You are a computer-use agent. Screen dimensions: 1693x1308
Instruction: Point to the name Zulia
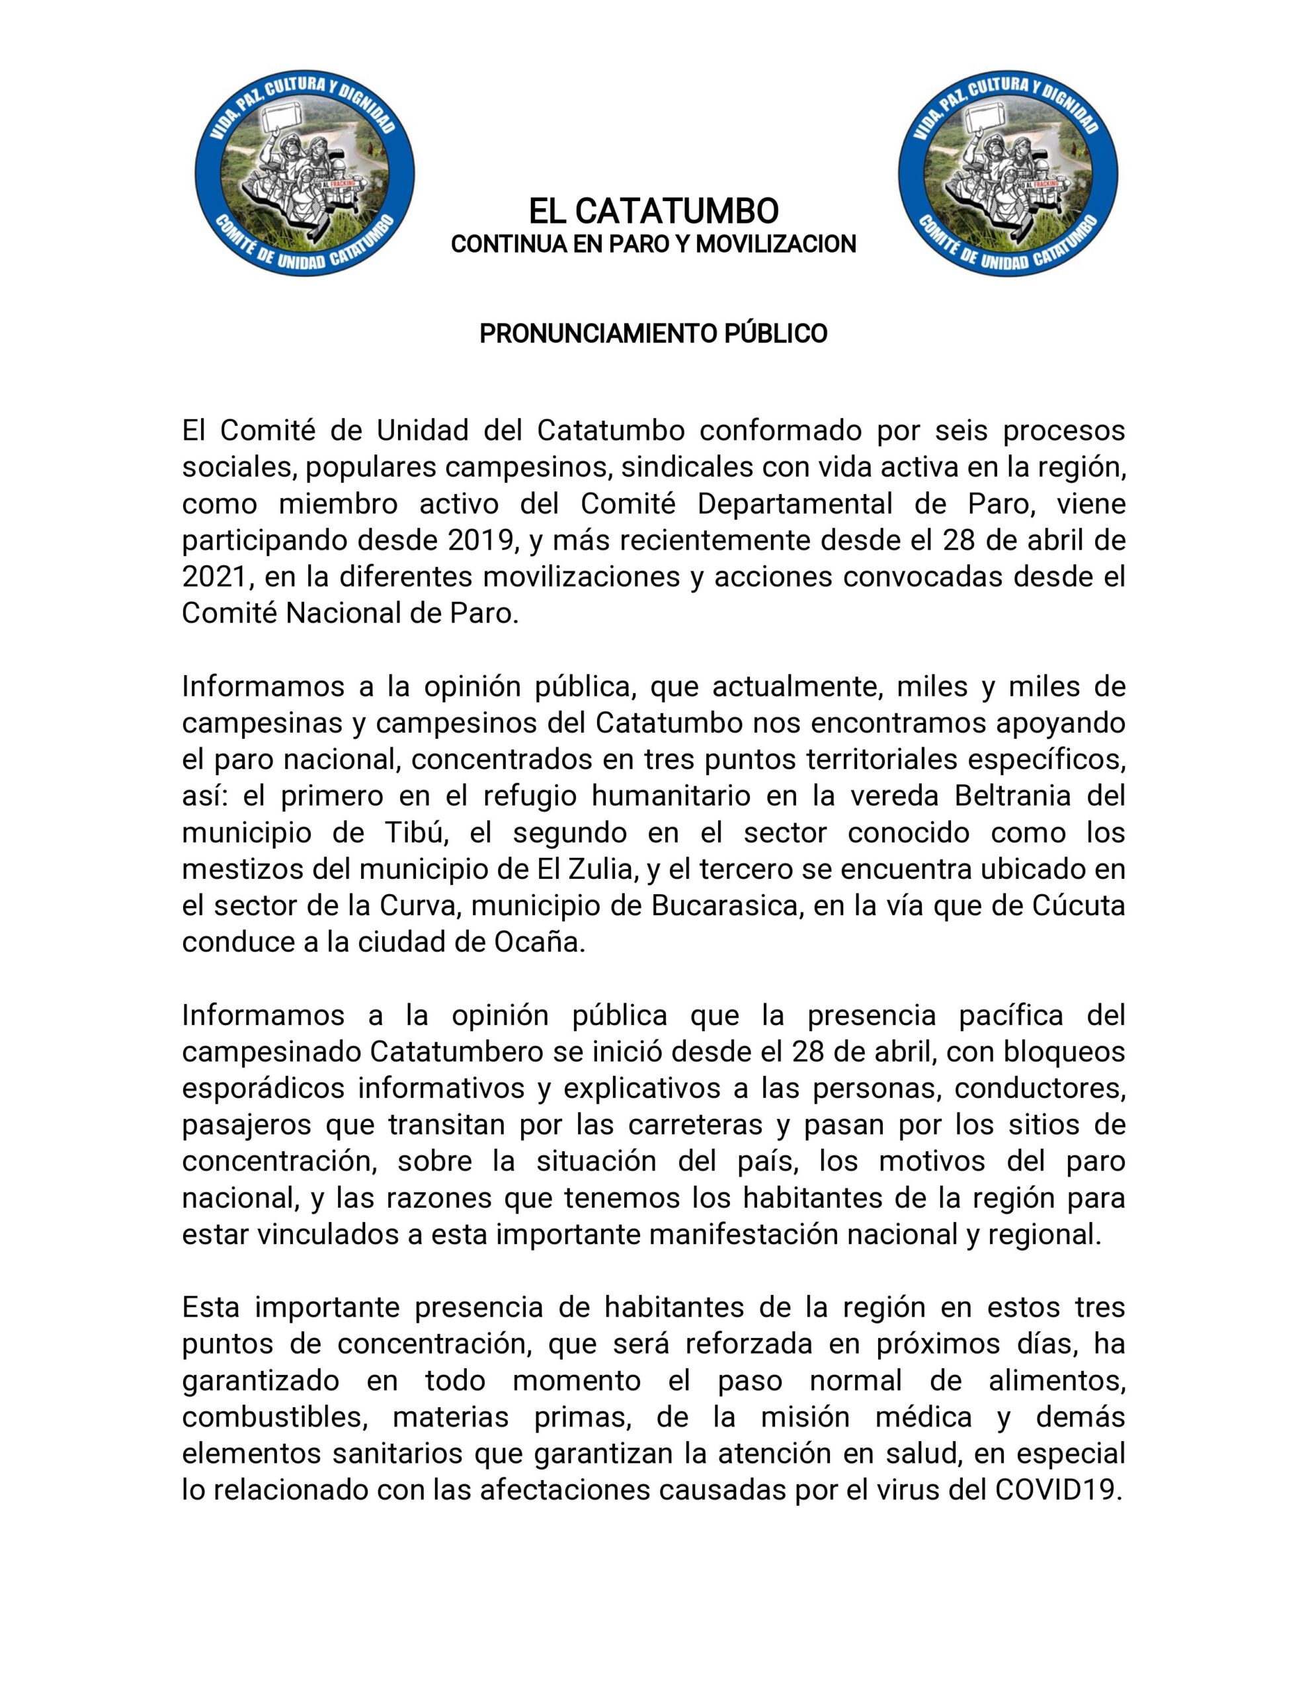point(598,869)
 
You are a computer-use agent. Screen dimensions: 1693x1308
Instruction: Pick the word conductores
point(1039,1089)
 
